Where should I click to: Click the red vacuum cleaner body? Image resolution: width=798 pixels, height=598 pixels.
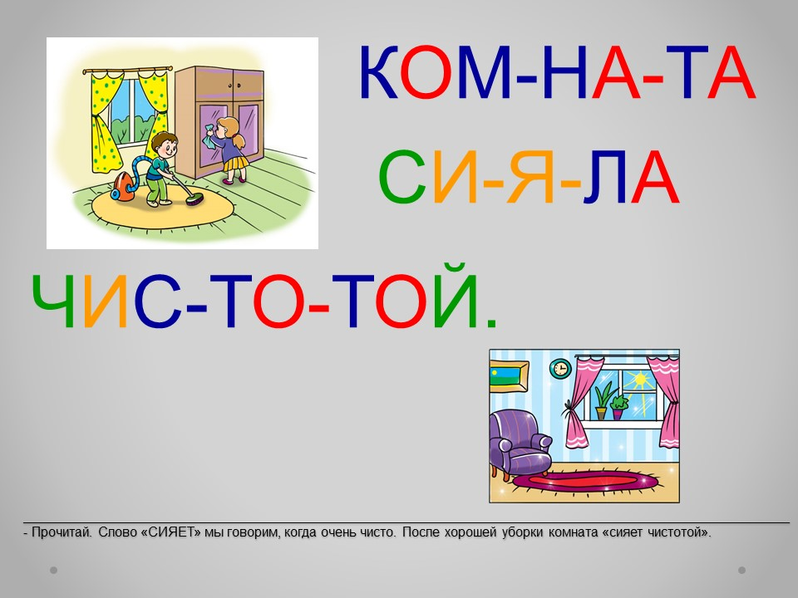[121, 187]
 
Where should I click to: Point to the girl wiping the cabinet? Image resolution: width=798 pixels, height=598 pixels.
[229, 149]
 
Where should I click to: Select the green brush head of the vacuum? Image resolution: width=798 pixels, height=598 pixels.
[194, 200]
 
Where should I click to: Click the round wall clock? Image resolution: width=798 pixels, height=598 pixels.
[561, 369]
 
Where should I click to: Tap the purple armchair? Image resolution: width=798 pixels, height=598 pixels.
[520, 444]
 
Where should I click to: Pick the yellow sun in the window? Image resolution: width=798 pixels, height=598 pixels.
[638, 381]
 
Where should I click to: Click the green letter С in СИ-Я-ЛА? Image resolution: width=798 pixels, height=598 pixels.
[402, 176]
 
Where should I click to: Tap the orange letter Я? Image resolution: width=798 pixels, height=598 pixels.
[531, 176]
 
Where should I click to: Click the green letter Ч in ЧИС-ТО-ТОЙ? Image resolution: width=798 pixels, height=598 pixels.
[53, 301]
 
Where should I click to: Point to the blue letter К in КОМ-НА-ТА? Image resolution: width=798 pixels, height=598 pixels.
[379, 71]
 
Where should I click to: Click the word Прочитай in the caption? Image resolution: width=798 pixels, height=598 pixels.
[62, 532]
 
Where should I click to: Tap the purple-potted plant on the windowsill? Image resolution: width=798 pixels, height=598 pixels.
[618, 406]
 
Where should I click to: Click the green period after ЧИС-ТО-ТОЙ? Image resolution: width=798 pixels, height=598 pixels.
[491, 322]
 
